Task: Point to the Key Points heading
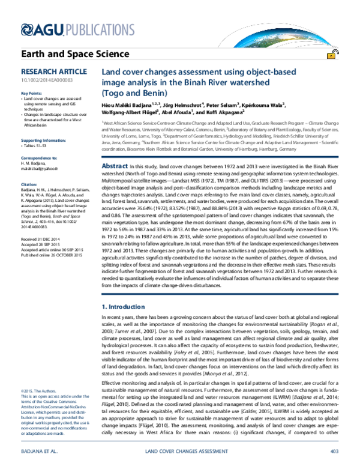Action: (31, 94)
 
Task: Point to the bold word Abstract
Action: (115, 148)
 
